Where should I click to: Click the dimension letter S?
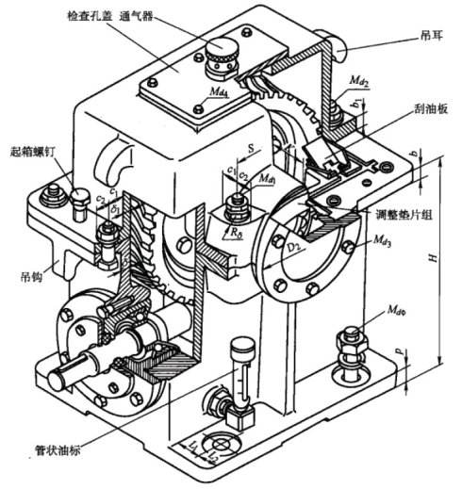click(249, 147)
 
